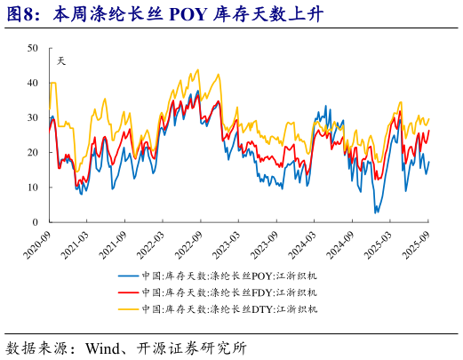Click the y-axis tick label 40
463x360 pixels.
click(32, 83)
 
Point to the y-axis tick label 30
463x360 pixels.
click(32, 117)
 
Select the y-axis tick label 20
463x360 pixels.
click(32, 152)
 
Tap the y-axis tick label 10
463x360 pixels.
click(32, 188)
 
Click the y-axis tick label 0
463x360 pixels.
click(35, 222)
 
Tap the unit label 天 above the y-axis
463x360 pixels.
click(60, 60)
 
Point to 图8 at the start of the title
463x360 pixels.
click(21, 14)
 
